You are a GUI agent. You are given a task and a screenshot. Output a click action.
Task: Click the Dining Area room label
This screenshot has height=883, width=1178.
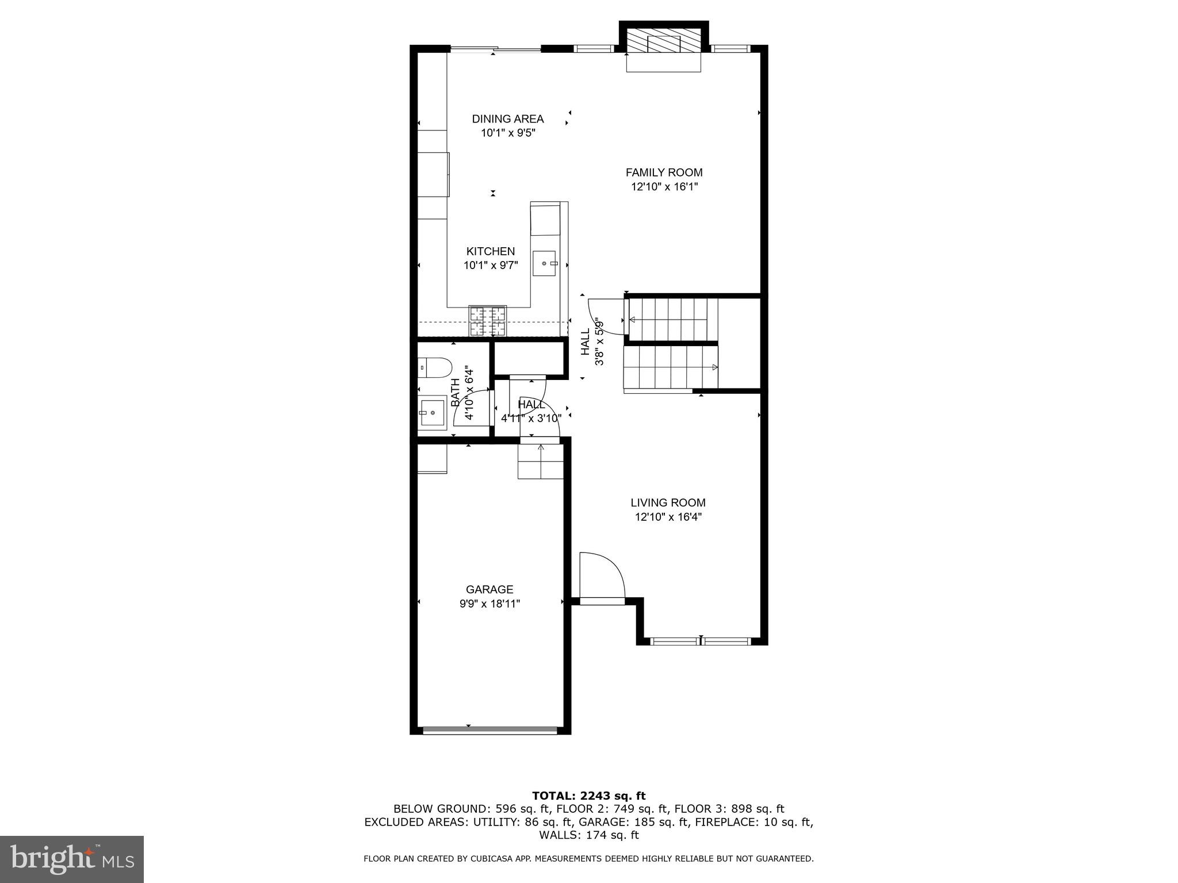[507, 119]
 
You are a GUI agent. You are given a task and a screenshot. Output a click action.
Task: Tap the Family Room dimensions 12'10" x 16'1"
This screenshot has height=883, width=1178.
[664, 187]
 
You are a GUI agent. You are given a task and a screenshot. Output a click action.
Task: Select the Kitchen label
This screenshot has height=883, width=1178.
[490, 251]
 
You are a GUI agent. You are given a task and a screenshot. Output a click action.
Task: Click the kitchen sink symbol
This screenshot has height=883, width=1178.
[544, 263]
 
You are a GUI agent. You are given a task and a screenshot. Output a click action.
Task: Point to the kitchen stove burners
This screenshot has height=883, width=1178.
[488, 321]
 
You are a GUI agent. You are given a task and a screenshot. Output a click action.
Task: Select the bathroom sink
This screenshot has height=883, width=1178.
[432, 413]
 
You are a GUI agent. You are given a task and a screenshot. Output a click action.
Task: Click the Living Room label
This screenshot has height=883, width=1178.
[668, 503]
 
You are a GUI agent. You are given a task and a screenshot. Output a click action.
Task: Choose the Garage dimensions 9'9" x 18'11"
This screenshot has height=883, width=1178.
[489, 604]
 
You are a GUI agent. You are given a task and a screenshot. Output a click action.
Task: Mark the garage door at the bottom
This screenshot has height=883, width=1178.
[490, 731]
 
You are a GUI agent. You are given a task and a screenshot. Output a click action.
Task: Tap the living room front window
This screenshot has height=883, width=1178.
[701, 642]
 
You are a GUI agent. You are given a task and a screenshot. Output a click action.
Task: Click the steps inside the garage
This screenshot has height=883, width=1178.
[540, 462]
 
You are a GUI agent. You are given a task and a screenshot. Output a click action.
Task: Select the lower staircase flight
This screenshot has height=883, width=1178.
[671, 367]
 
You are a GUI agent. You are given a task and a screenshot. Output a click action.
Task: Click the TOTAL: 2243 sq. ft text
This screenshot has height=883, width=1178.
[588, 796]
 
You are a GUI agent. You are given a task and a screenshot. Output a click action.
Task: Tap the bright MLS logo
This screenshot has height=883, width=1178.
[72, 859]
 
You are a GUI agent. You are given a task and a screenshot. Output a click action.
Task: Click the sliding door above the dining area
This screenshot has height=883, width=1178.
[495, 49]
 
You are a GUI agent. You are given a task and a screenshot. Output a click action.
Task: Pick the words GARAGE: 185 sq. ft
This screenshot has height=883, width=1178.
[633, 822]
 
